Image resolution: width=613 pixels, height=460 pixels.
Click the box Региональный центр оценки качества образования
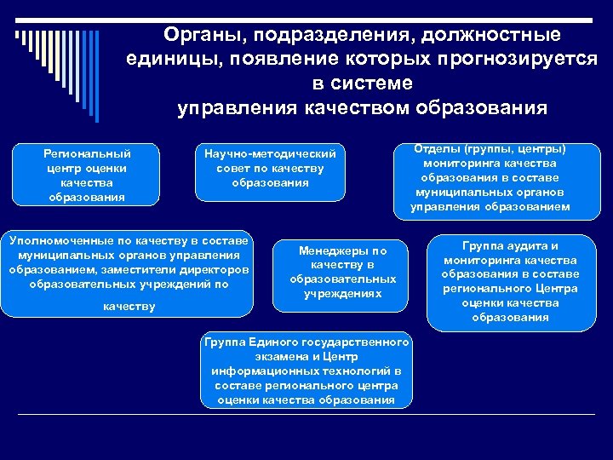tap(87, 175)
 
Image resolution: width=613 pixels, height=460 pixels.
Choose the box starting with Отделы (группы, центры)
tap(490, 178)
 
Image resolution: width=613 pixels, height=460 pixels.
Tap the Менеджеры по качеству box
tap(342, 273)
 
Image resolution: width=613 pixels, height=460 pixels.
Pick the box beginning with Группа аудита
tap(510, 282)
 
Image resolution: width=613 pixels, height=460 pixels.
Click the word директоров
tap(219, 270)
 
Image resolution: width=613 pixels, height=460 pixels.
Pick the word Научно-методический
tap(271, 154)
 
